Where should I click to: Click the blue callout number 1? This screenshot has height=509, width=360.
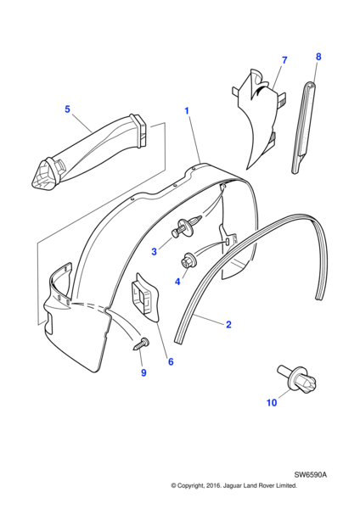coord(187,110)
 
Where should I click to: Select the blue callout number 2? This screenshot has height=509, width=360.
coord(228,324)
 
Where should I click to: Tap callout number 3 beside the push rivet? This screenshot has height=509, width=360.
coord(154,251)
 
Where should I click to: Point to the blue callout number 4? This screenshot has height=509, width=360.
coord(177,282)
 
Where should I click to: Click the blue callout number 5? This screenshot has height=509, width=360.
coord(67,109)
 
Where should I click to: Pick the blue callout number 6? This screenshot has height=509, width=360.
coord(171,361)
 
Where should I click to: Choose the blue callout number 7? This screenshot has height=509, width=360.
coord(284,60)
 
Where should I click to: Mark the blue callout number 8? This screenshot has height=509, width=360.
coord(318,57)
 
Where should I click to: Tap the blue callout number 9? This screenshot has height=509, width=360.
coord(143,372)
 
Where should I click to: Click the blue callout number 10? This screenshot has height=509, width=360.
coord(272,402)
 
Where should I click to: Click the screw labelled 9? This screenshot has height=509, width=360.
coord(141,344)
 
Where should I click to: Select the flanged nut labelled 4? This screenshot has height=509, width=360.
coord(188,260)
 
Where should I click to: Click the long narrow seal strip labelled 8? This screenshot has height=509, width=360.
coord(304,127)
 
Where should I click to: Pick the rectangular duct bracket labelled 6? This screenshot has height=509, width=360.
coord(145,297)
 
